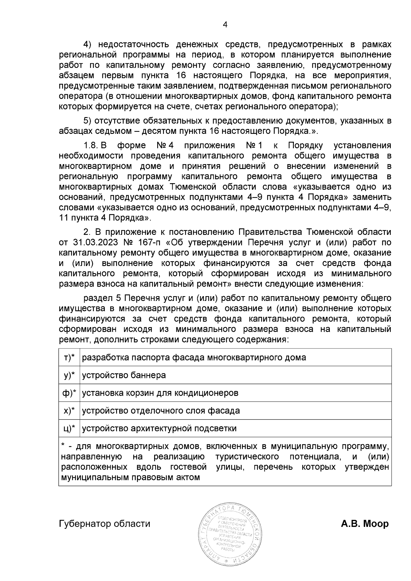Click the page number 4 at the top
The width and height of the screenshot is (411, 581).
click(225, 24)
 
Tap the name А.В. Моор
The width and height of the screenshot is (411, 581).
click(365, 523)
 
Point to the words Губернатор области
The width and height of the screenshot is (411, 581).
click(105, 523)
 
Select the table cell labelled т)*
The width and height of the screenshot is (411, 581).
click(69, 357)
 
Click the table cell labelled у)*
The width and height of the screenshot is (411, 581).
click(69, 375)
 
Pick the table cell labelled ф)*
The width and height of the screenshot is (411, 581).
click(69, 393)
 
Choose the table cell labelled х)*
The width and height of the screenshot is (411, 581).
click(69, 411)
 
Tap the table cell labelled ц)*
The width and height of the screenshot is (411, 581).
click(69, 428)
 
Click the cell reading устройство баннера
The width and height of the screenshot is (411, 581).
click(124, 375)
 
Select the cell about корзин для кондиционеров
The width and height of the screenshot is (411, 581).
click(160, 393)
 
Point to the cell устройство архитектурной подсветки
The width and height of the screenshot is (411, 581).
click(159, 428)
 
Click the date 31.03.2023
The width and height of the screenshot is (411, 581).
click(96, 242)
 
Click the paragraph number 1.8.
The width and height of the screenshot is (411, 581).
click(91, 146)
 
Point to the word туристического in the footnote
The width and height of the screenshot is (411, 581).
click(247, 457)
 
